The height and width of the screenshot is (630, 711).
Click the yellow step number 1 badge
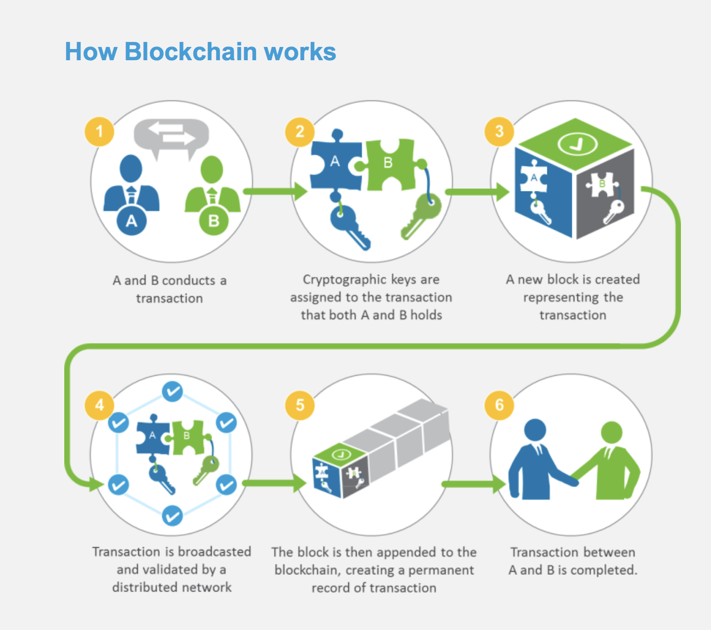tap(99, 132)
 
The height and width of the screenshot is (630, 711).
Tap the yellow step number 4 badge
tap(99, 405)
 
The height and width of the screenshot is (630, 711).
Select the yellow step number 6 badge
tap(499, 405)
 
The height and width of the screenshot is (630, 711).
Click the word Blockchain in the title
tap(191, 52)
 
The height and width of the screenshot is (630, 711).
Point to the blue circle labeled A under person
tap(131, 221)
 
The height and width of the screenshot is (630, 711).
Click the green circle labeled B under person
tap(214, 221)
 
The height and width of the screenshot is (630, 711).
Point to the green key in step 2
tap(421, 216)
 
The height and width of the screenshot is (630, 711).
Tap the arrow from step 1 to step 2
tap(275, 191)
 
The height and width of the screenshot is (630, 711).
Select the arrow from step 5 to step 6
tap(474, 484)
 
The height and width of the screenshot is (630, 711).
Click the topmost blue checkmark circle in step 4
tap(172, 392)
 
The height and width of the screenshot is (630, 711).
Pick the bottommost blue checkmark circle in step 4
tap(172, 516)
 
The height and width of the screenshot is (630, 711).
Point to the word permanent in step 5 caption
tap(441, 570)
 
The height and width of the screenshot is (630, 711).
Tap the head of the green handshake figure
tap(612, 432)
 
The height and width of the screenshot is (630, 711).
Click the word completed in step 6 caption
tap(603, 570)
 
